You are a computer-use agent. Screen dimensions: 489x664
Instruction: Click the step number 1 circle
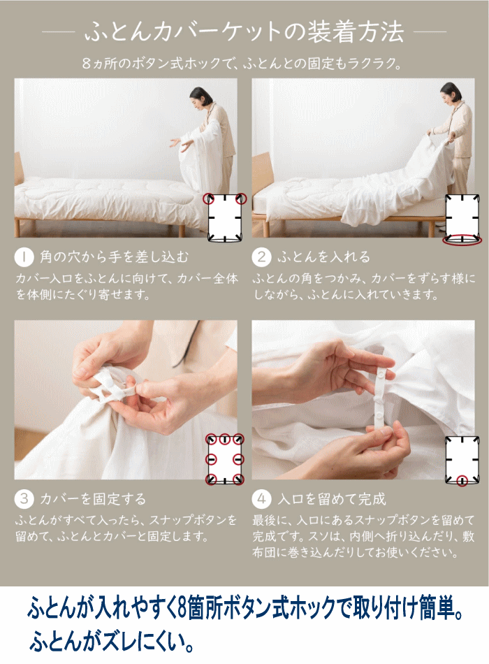[x=24, y=257]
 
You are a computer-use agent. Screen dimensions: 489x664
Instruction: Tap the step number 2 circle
[x=262, y=257]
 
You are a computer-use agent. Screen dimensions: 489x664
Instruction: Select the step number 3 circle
[x=24, y=499]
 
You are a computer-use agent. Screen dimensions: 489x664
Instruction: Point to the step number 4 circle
[x=262, y=499]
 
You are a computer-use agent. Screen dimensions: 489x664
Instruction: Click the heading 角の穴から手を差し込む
[x=115, y=257]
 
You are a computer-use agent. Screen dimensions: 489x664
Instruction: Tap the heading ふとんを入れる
[x=324, y=257]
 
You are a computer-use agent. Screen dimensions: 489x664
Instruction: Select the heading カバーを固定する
[x=93, y=499]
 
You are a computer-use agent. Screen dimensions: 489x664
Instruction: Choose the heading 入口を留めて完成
[x=332, y=499]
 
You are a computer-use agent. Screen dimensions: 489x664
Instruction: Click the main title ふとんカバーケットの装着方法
[x=245, y=32]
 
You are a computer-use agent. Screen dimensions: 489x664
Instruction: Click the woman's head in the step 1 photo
[x=199, y=96]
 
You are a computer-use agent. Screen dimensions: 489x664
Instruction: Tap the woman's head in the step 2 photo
[x=449, y=92]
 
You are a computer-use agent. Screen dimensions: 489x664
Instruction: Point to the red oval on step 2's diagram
[x=462, y=240]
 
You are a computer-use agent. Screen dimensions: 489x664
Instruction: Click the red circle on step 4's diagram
[x=462, y=481]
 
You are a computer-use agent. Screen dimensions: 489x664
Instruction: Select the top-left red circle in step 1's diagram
[x=208, y=199]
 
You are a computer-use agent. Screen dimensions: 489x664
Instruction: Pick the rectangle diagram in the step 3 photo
[x=225, y=459]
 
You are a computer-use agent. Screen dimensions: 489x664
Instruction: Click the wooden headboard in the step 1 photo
[x=18, y=169]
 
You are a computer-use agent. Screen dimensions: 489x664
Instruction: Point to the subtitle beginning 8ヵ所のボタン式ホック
[x=242, y=64]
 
